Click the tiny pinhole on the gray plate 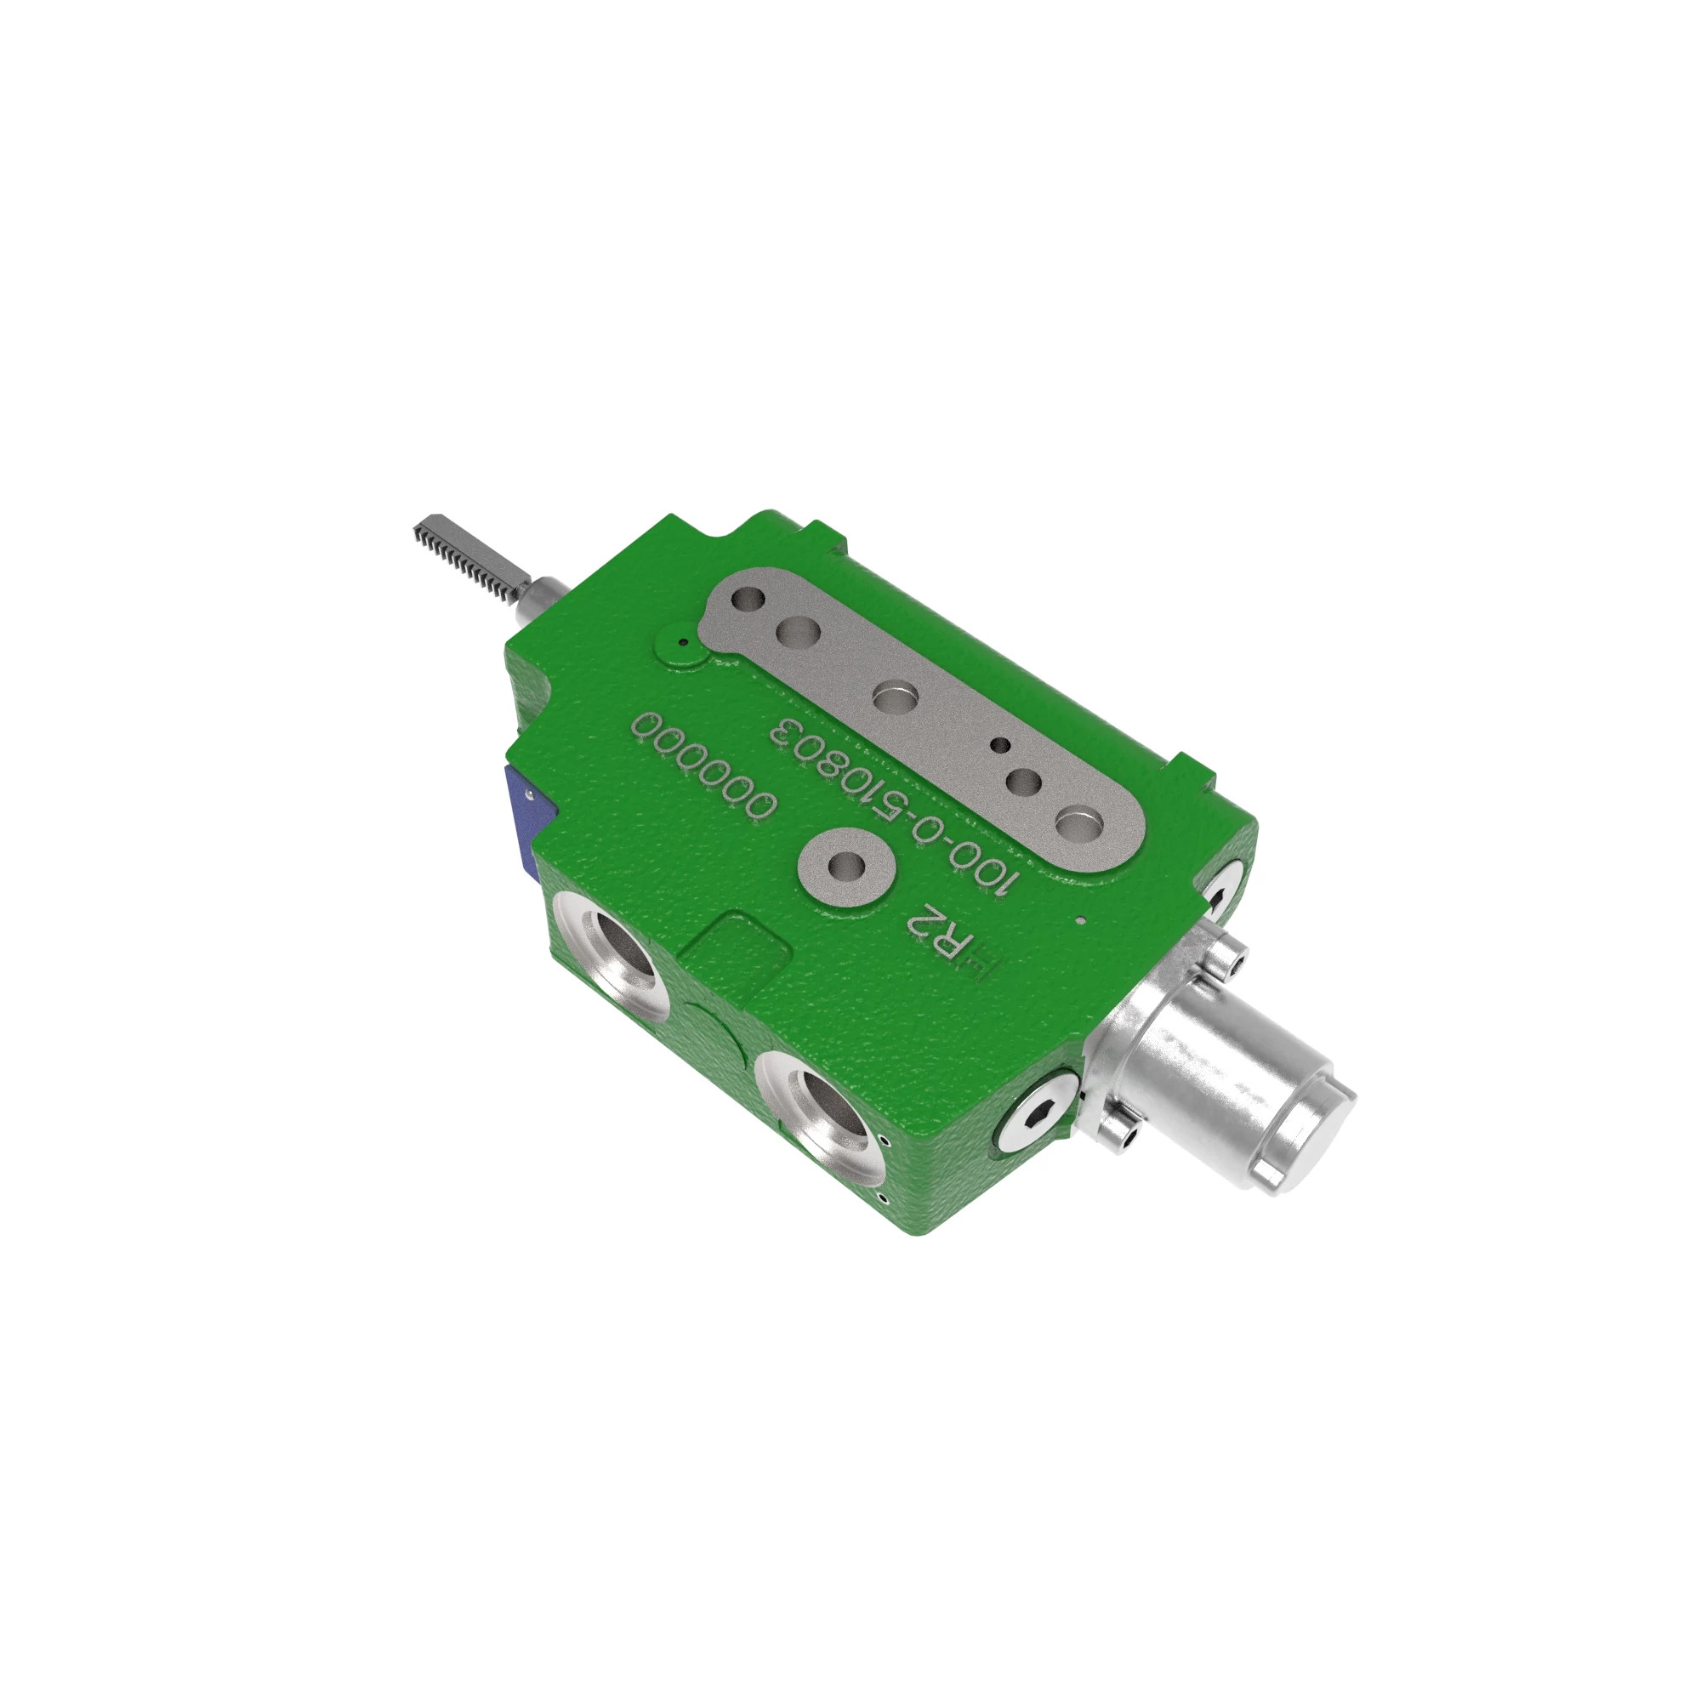[1000, 745]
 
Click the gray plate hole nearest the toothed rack [750, 601]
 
